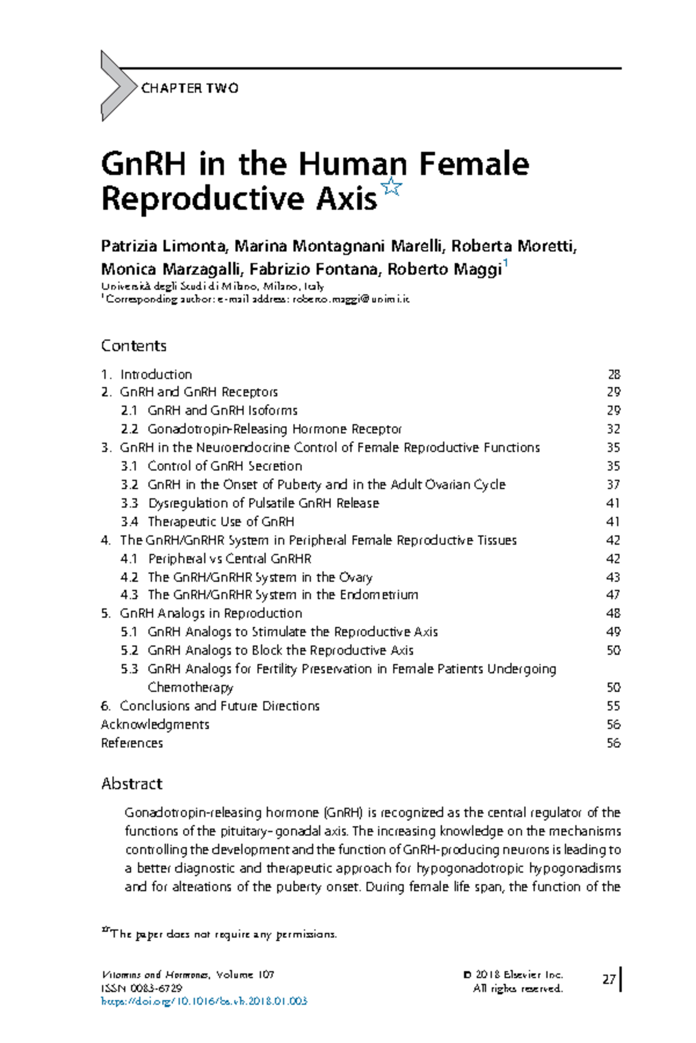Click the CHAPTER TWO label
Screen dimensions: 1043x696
[x=190, y=88]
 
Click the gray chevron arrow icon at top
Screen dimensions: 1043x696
[x=117, y=86]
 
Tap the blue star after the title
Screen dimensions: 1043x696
[x=392, y=187]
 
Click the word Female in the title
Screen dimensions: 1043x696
[x=474, y=164]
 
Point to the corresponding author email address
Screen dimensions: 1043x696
[x=351, y=300]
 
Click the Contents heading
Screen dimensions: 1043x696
[x=133, y=346]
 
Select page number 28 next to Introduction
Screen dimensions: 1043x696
[x=614, y=374]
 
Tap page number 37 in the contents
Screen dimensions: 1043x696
[x=614, y=484]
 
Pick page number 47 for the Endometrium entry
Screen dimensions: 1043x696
[x=614, y=595]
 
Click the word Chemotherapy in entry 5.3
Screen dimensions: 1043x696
[x=190, y=687]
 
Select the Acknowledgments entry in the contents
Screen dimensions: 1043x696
[x=155, y=724]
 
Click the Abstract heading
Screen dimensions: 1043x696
[x=132, y=784]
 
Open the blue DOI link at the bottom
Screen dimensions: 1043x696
[x=204, y=1001]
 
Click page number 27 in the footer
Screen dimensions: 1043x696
[x=608, y=980]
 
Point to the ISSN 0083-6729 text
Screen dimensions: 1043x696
[x=142, y=988]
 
